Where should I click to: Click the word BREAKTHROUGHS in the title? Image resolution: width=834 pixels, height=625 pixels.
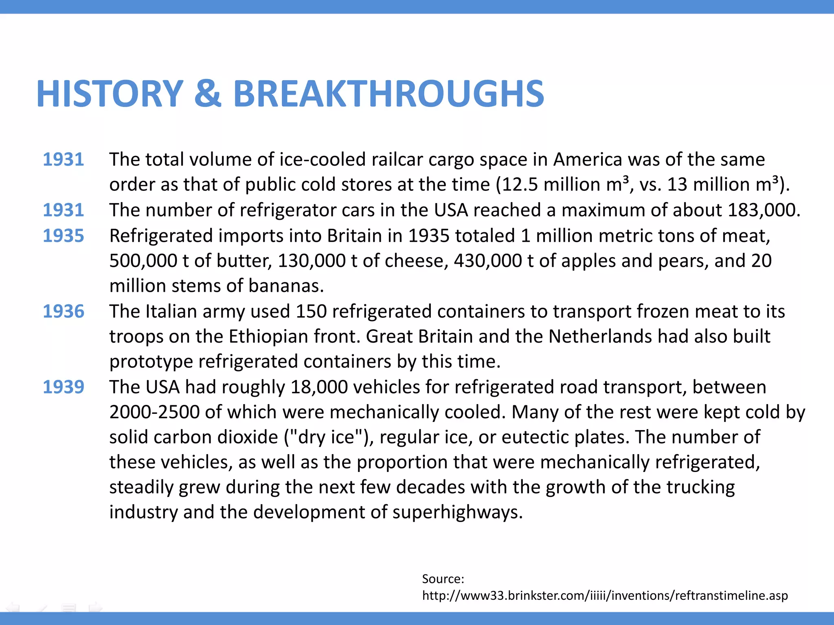point(388,94)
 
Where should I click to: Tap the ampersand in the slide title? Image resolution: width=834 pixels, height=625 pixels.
point(208,94)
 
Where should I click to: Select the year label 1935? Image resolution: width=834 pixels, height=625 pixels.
point(64,236)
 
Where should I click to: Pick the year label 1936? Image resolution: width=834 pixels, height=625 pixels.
point(64,311)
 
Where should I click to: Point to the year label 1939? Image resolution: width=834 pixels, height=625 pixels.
point(64,387)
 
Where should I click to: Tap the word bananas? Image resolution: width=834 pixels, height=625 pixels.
point(286,286)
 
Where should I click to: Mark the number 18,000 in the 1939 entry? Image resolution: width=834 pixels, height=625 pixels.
point(319,387)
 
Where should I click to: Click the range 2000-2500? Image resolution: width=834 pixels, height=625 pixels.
point(154,412)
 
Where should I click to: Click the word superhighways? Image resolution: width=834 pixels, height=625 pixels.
point(457,512)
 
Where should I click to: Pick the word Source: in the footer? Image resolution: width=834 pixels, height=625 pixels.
point(443,579)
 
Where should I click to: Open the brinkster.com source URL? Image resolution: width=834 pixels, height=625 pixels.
point(605,596)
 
